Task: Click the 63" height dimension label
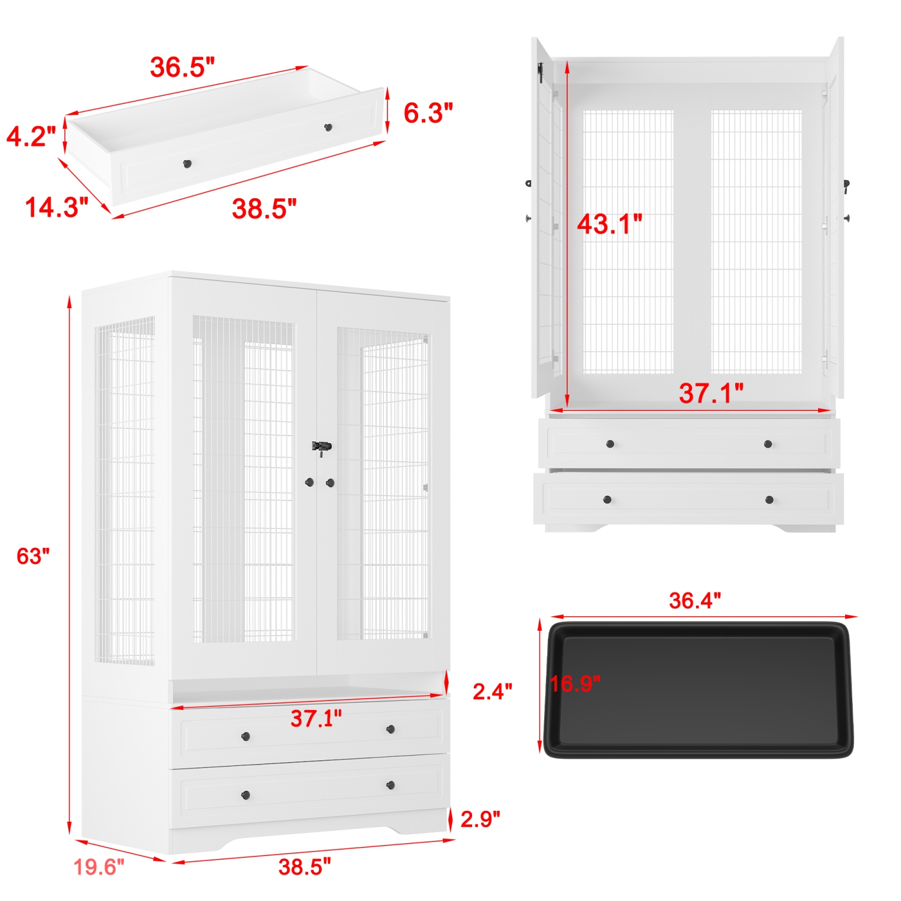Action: coord(33,556)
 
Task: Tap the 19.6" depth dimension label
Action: coord(99,867)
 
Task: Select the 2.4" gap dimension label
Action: coord(492,691)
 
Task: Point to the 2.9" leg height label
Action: coord(480,819)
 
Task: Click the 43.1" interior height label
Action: coord(609,223)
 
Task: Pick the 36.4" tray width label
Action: coord(694,600)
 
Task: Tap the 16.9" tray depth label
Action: coord(575,683)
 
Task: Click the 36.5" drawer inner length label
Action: coord(182,67)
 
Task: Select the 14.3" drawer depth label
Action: coord(56,207)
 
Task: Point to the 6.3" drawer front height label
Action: coord(428,113)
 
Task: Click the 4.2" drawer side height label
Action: coord(31,136)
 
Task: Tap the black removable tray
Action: coord(698,691)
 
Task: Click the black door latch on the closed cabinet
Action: coord(321,447)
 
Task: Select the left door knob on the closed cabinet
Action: coord(309,482)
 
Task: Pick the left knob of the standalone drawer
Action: coord(187,163)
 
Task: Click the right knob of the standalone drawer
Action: coord(328,127)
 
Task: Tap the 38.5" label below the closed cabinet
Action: coord(305,867)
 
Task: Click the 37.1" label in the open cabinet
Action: coord(711,393)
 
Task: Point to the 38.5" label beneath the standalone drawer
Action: coord(264,208)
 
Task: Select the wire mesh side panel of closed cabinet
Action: coord(124,493)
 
